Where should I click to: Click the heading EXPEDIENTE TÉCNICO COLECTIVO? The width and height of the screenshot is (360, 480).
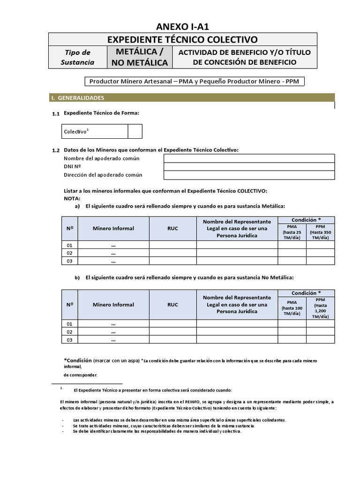coord(183,40)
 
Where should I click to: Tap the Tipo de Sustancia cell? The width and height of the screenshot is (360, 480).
coord(77,58)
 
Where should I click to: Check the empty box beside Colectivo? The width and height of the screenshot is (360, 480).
coord(135,132)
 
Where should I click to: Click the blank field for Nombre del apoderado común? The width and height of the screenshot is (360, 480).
coord(249,158)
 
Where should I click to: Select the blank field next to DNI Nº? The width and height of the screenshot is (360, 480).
coord(249,167)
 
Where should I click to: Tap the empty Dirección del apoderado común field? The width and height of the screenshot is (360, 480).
coord(249,175)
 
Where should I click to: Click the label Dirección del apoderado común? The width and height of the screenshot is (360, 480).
coord(103,175)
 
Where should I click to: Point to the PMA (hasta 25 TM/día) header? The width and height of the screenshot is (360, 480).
coord(292,232)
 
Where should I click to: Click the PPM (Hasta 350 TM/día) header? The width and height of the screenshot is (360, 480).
coord(321,232)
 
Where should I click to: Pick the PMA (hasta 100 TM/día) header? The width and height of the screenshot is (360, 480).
coord(292,308)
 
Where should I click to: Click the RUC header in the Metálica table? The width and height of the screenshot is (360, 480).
coord(172,228)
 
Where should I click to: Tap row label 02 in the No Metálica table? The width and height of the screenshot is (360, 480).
coord(70,331)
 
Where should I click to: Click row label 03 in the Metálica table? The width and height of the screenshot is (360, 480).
coord(70,261)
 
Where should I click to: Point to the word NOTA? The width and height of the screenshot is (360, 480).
coord(72,198)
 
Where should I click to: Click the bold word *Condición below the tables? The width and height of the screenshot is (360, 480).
coord(77,360)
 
